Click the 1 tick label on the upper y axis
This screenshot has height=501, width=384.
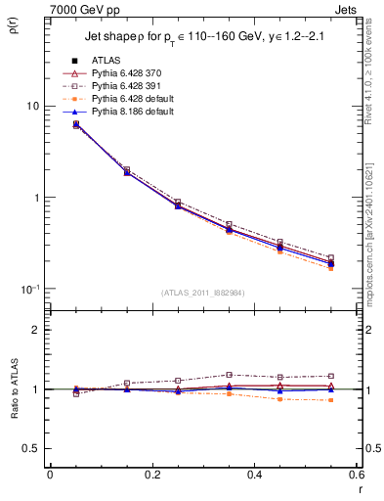[x=36, y=198]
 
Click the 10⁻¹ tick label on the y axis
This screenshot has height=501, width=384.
[x=31, y=289]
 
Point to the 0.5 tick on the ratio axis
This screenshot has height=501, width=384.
[x=32, y=448]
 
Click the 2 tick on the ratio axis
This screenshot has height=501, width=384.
[x=36, y=330]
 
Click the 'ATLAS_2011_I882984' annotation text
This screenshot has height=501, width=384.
[x=202, y=293]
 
